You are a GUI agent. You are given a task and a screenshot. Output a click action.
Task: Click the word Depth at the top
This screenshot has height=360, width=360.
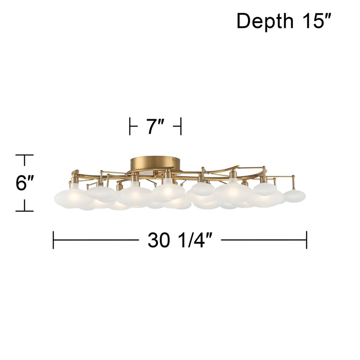(265, 21)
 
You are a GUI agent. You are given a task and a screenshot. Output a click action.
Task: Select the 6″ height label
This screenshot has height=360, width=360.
(25, 183)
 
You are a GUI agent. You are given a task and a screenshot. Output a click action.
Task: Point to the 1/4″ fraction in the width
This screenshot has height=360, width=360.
(195, 240)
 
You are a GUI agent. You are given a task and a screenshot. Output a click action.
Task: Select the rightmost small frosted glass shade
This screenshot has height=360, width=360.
(295, 196)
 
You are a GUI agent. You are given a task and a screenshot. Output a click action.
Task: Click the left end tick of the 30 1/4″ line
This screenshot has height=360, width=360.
(53, 240)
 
